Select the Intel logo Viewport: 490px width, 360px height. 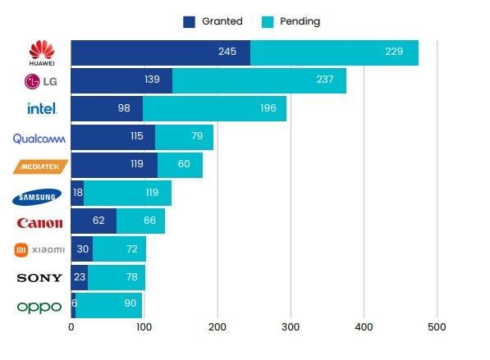(41, 108)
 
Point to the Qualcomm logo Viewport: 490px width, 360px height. (39, 138)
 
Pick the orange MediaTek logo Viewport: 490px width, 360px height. (39, 166)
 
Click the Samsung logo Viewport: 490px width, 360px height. (39, 195)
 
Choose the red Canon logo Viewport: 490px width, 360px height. (39, 222)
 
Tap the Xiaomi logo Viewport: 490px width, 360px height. (39, 249)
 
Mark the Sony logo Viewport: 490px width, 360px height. (39, 278)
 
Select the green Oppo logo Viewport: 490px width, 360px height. (39, 307)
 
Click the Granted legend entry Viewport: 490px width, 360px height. (213, 21)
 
